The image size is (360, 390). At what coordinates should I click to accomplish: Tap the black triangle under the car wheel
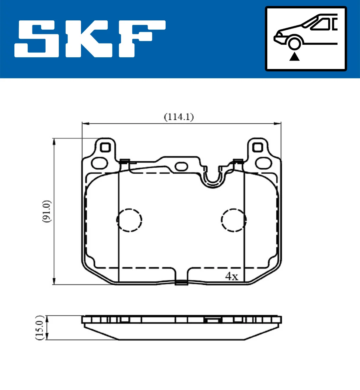(294, 56)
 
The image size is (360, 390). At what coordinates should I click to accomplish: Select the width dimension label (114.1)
(179, 117)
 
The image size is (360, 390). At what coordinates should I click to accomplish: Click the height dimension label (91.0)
(47, 211)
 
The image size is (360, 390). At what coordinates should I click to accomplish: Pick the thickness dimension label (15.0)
(40, 328)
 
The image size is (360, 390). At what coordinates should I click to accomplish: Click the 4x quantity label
(231, 276)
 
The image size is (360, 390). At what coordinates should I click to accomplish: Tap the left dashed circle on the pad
(129, 220)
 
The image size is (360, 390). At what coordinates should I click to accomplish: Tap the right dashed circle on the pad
(234, 220)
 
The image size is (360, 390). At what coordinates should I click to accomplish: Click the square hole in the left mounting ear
(105, 147)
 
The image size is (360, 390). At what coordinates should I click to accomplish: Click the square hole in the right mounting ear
(257, 147)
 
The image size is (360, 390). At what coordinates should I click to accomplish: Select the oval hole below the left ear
(100, 163)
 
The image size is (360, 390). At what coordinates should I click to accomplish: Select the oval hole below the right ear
(263, 163)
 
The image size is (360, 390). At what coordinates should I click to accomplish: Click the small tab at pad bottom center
(181, 282)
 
